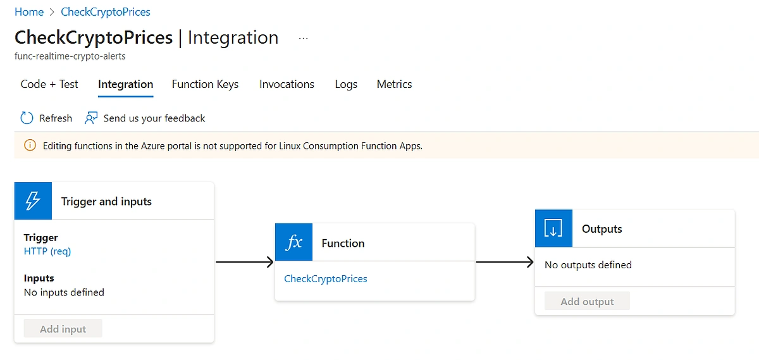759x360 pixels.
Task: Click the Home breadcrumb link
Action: pyautogui.click(x=29, y=12)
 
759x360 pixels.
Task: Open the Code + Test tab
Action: pyautogui.click(x=49, y=84)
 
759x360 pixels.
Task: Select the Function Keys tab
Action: pyautogui.click(x=205, y=84)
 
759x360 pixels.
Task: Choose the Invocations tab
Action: pyautogui.click(x=287, y=84)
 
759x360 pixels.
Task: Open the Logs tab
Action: pyautogui.click(x=346, y=84)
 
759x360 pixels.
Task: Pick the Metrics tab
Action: pyautogui.click(x=394, y=84)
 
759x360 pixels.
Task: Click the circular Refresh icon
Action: pyautogui.click(x=27, y=118)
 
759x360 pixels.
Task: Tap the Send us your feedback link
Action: pyautogui.click(x=154, y=118)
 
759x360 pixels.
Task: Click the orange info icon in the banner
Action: pyautogui.click(x=30, y=146)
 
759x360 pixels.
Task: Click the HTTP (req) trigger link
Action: pyautogui.click(x=47, y=251)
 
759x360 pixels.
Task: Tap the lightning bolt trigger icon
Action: pyautogui.click(x=33, y=201)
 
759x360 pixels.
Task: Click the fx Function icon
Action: pyautogui.click(x=293, y=242)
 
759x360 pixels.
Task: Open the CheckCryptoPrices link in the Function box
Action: pyautogui.click(x=326, y=278)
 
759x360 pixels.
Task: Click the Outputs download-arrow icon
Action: pyautogui.click(x=553, y=228)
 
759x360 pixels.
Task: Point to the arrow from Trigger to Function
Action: pyautogui.click(x=245, y=262)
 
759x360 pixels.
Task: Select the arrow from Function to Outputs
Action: pyautogui.click(x=505, y=262)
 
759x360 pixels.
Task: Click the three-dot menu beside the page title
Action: pyautogui.click(x=303, y=39)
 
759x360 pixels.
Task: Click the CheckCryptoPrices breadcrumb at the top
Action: pyautogui.click(x=106, y=12)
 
